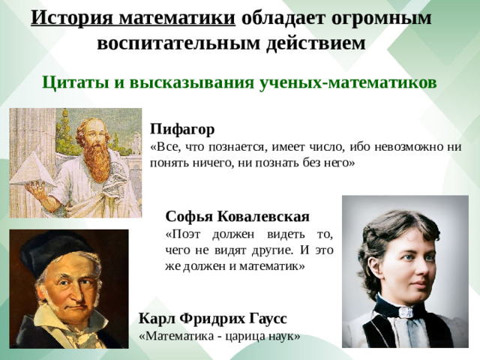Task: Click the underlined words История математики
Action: point(133,17)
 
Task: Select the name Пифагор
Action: point(182,129)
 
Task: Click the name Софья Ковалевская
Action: point(237,217)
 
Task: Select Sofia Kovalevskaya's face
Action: point(397,259)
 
